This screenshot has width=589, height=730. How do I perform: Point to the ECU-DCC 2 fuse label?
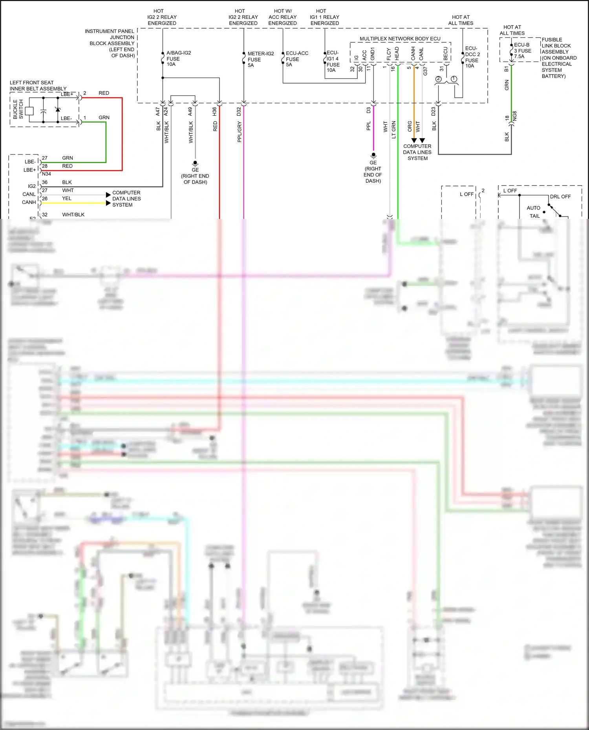(x=472, y=57)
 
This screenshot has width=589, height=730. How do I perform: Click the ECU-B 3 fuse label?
(x=522, y=51)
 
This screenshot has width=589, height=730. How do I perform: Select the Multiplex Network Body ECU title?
(x=400, y=38)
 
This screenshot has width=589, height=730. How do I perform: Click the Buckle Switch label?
(x=18, y=109)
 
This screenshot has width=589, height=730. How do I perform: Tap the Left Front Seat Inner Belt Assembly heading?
(x=38, y=86)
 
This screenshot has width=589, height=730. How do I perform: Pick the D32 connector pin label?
(x=239, y=111)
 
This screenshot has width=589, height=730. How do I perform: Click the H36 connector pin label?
(x=214, y=111)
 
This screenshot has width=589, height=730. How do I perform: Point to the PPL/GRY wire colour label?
(x=239, y=132)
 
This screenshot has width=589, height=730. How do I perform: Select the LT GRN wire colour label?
(x=393, y=129)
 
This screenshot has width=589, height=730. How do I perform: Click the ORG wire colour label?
(x=410, y=126)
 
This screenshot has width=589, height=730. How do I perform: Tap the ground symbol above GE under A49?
(x=195, y=163)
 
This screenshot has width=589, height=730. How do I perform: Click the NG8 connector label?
(x=515, y=116)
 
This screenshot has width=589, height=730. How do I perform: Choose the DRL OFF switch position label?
(x=560, y=197)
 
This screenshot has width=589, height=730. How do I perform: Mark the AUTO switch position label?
(x=533, y=208)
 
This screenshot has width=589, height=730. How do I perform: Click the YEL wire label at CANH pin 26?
(x=67, y=198)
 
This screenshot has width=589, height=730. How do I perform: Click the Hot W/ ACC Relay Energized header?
(x=282, y=17)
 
